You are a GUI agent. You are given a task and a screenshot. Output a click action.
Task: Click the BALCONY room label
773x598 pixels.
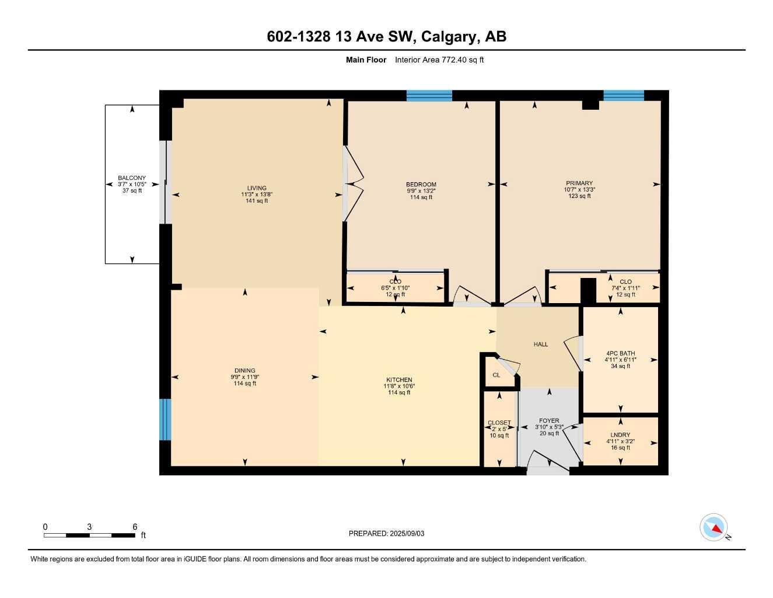pyautogui.click(x=132, y=178)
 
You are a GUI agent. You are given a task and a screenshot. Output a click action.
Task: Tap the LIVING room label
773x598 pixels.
pyautogui.click(x=257, y=188)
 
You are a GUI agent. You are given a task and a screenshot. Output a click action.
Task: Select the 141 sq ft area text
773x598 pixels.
pyautogui.click(x=257, y=201)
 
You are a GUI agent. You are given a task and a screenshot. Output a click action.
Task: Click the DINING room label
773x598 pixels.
pyautogui.click(x=245, y=370)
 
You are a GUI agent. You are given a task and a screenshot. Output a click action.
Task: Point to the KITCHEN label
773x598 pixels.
pyautogui.click(x=399, y=380)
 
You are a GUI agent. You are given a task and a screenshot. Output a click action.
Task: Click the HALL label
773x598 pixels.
pyautogui.click(x=541, y=345)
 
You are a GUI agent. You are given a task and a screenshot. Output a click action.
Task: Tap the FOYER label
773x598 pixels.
pyautogui.click(x=549, y=420)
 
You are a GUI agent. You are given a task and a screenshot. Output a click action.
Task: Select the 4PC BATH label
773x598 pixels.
pyautogui.click(x=620, y=353)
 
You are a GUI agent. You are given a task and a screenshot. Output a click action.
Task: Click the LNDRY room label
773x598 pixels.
pyautogui.click(x=620, y=435)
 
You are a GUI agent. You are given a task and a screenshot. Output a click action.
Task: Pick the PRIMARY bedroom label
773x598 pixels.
pyautogui.click(x=579, y=183)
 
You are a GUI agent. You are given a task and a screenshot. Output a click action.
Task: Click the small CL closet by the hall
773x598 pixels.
pyautogui.click(x=496, y=375)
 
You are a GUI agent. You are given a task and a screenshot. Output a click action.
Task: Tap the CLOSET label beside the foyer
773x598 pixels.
pyautogui.click(x=499, y=423)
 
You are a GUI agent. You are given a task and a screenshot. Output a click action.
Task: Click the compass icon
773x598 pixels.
pyautogui.click(x=714, y=527)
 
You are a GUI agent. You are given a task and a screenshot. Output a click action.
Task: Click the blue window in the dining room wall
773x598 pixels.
pyautogui.click(x=166, y=419)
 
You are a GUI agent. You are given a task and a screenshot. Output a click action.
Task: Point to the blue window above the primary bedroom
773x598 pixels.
pyautogui.click(x=624, y=96)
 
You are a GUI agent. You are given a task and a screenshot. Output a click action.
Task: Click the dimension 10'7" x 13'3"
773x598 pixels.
pyautogui.click(x=579, y=190)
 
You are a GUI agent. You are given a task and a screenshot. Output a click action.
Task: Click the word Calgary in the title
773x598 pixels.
pyautogui.click(x=449, y=37)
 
